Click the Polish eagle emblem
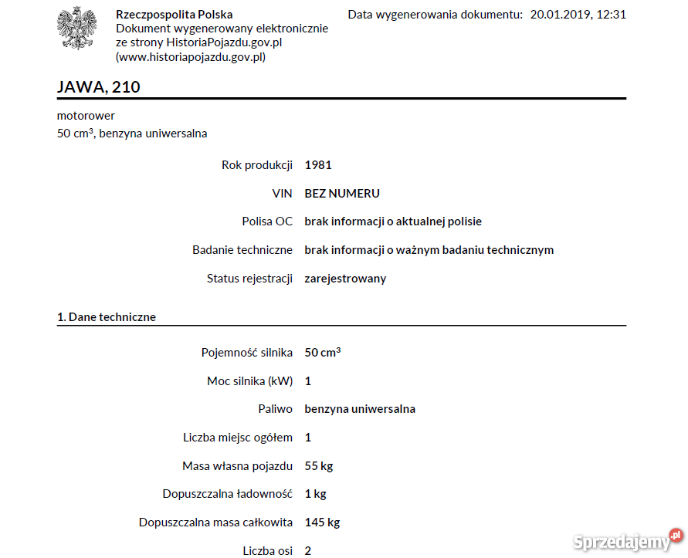point(76,28)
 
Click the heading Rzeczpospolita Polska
point(174,15)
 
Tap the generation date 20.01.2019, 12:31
point(578,15)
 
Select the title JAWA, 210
point(99,87)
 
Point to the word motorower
point(86,116)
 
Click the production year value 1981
point(318,165)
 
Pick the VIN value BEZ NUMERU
point(342,194)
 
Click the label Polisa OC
point(267,222)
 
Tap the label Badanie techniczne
point(242,250)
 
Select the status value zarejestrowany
point(345,279)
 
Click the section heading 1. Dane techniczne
point(107,317)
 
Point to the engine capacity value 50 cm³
point(323,353)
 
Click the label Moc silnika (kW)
point(249,381)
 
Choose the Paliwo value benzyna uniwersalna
point(360,409)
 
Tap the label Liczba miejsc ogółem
point(238,438)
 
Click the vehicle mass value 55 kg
point(319,466)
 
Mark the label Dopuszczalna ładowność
point(228,494)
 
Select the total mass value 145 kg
point(322,522)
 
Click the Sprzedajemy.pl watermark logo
point(627,540)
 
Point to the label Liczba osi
point(267,551)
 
